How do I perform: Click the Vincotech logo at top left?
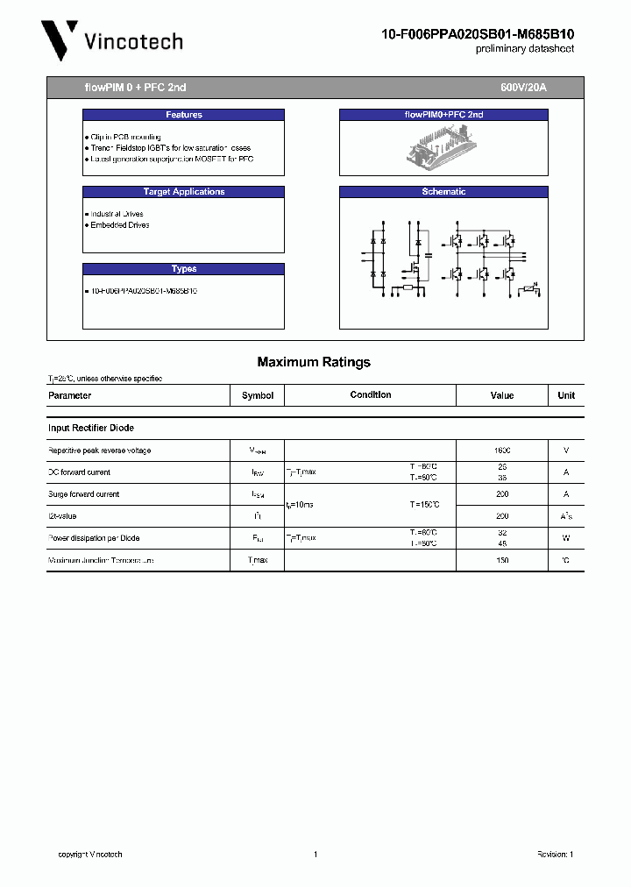[x=112, y=41]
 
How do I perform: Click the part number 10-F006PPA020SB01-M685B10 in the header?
[x=478, y=34]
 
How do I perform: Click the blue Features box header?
[x=183, y=115]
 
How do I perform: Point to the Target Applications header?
[x=183, y=192]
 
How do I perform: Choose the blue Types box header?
[x=183, y=269]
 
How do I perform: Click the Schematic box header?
[x=443, y=192]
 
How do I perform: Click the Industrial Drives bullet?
[x=116, y=214]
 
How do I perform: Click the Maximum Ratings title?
[x=314, y=362]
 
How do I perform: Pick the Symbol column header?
[x=258, y=395]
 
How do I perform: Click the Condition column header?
[x=371, y=395]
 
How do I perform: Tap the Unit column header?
[x=566, y=395]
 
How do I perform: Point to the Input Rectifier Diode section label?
[x=91, y=428]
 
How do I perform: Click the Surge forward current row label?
[x=83, y=494]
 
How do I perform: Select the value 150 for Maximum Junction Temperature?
[x=502, y=560]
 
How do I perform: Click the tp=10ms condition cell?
[x=301, y=506]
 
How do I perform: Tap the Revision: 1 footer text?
[x=554, y=855]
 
